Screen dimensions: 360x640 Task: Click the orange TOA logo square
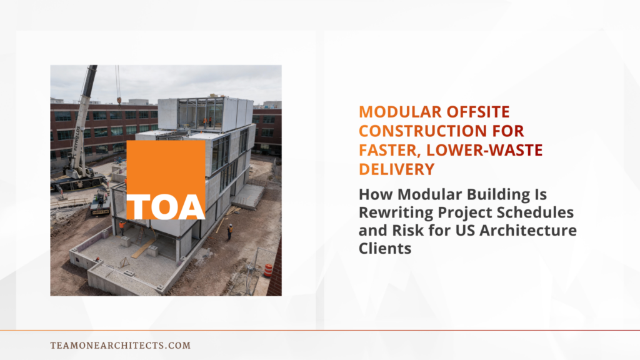pyautogui.click(x=166, y=180)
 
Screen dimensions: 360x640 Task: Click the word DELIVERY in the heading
pyautogui.click(x=396, y=169)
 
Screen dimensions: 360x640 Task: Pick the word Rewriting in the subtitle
pyautogui.click(x=394, y=212)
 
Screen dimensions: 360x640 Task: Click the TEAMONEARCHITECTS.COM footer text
pyautogui.click(x=120, y=345)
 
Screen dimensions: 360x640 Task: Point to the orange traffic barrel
pyautogui.click(x=268, y=270)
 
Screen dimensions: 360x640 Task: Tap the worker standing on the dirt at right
pyautogui.click(x=229, y=231)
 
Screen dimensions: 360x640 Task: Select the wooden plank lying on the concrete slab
pyautogui.click(x=144, y=248)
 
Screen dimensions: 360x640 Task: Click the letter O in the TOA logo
pyautogui.click(x=166, y=206)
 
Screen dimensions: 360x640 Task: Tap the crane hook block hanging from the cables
pyautogui.click(x=118, y=99)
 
